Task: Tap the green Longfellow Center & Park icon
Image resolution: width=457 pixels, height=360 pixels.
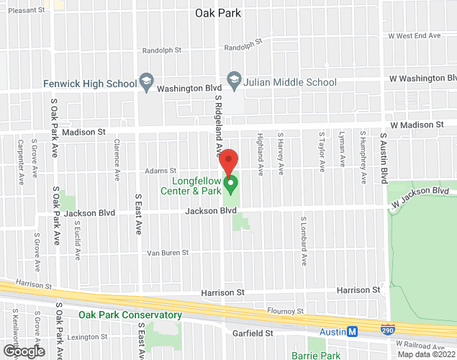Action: click(231, 185)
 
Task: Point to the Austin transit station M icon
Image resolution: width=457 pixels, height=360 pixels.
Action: click(353, 331)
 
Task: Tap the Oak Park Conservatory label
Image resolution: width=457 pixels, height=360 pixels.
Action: click(130, 315)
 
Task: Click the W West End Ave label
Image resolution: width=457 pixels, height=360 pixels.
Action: click(414, 35)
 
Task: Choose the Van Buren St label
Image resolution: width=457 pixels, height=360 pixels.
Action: click(167, 253)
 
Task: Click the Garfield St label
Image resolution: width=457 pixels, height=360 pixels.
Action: click(253, 333)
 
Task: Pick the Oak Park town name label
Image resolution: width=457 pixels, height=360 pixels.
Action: click(218, 13)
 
